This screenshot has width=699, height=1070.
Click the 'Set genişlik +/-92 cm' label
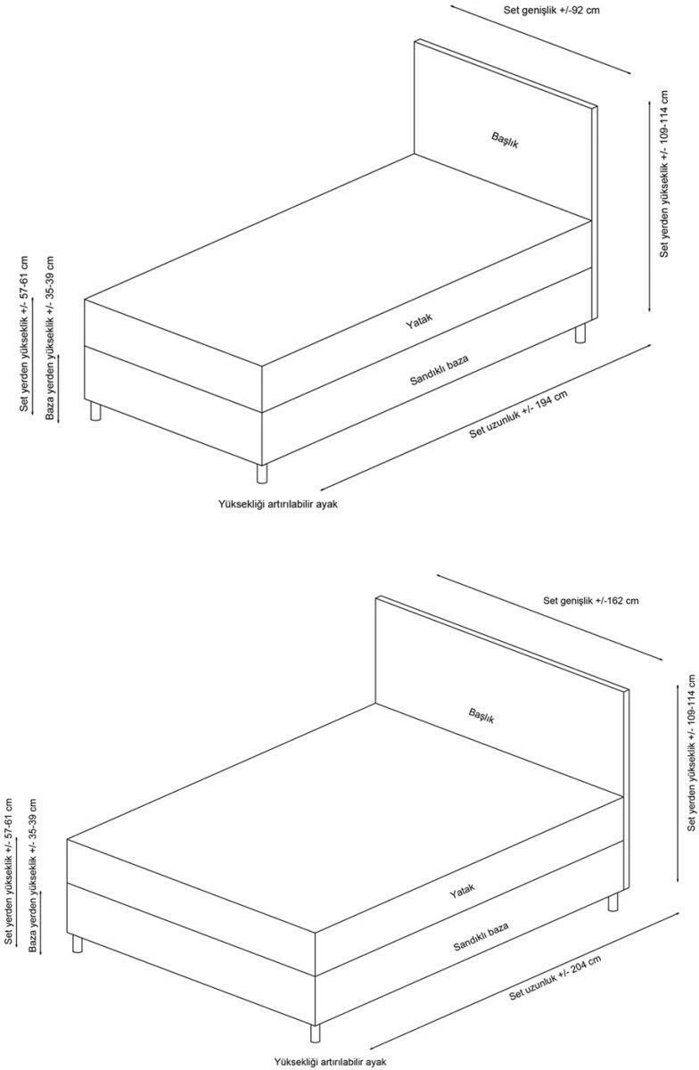click(551, 10)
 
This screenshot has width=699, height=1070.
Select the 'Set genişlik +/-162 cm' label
click(590, 600)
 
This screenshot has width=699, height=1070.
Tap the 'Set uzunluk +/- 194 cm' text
click(518, 415)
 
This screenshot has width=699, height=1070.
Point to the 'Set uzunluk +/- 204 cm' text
click(555, 977)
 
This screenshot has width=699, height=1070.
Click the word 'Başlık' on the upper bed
click(505, 140)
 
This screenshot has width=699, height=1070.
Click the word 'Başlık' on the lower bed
click(481, 715)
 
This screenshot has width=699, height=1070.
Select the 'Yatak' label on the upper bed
click(419, 321)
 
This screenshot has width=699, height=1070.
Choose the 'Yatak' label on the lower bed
click(462, 891)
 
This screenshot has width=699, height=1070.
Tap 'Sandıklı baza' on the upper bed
click(439, 370)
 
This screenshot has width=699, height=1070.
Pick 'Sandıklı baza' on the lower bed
click(481, 936)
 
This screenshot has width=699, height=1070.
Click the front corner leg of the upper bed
click(262, 473)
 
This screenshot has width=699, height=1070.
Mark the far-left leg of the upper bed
click(95, 411)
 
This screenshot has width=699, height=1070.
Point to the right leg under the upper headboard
click(580, 333)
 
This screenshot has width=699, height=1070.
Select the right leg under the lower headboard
click(613, 901)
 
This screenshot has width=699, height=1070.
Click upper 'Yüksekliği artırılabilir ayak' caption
click(278, 504)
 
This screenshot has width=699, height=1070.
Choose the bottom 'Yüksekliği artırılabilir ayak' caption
click(330, 1061)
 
